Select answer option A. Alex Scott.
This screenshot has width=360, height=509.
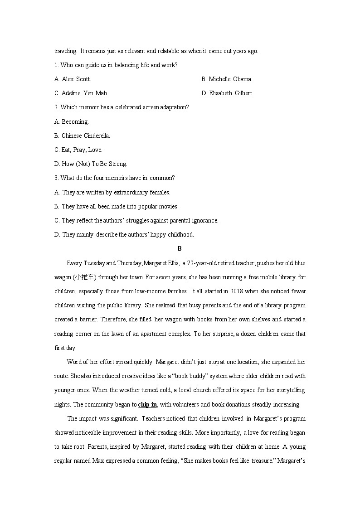click(x=73, y=79)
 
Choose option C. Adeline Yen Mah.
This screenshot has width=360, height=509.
click(x=81, y=93)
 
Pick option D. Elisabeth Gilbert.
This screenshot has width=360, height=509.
click(x=227, y=93)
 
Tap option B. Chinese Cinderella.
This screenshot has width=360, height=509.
click(x=82, y=136)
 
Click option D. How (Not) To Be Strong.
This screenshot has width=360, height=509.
click(x=91, y=164)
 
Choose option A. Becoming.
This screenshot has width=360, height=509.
click(x=72, y=121)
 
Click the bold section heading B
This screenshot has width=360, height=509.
click(x=180, y=248)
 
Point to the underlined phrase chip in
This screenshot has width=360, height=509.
click(x=147, y=404)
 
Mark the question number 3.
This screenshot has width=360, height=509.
click(x=56, y=178)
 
